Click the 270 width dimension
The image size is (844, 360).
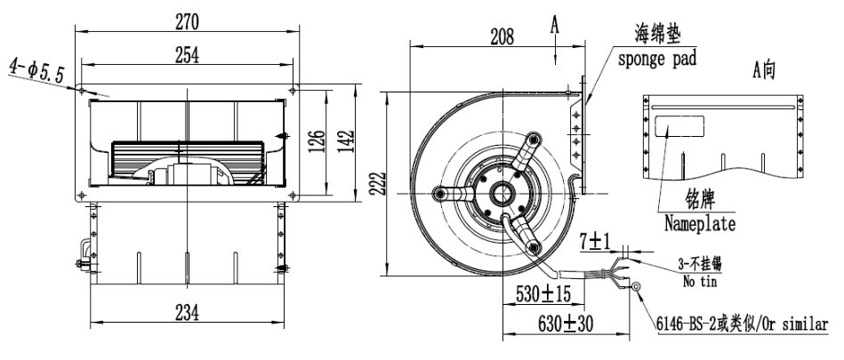click(187, 22)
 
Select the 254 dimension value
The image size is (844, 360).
click(187, 55)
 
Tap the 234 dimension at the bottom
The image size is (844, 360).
click(187, 312)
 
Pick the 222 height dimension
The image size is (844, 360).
click(379, 185)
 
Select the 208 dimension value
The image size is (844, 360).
click(502, 36)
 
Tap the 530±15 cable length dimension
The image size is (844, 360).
click(543, 294)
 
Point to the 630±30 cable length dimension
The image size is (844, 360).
click(565, 324)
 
